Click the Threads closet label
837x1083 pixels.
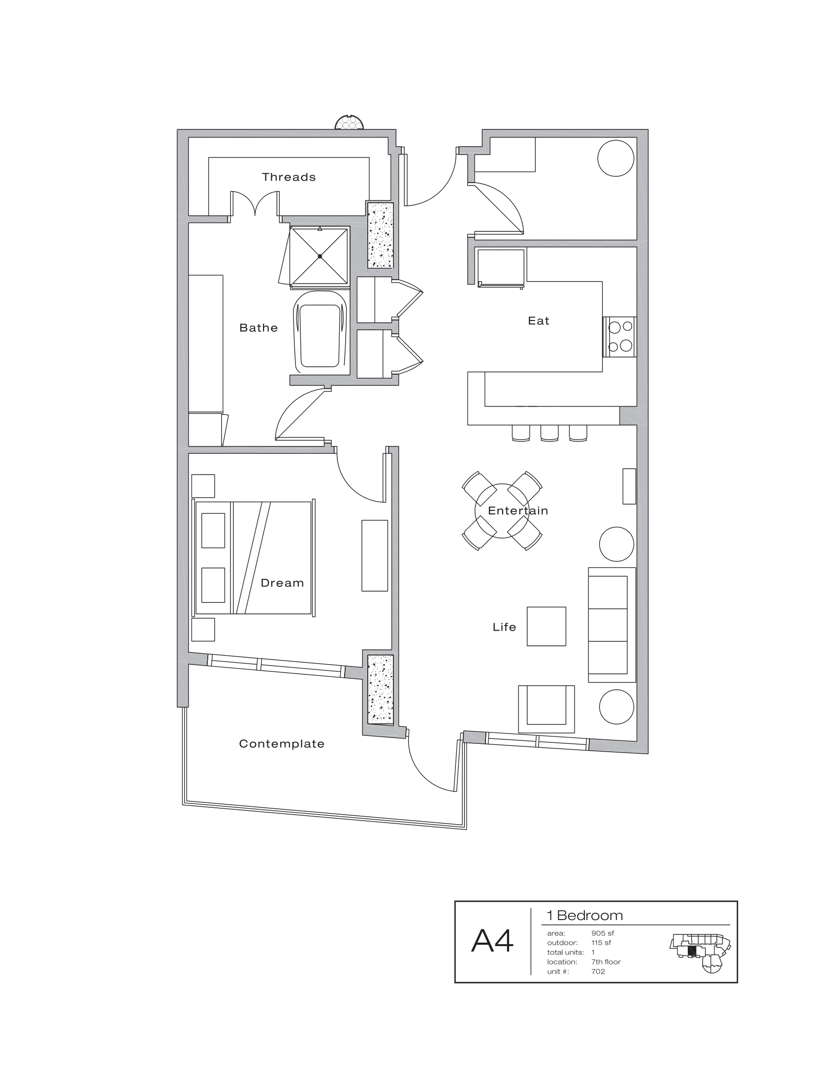(289, 177)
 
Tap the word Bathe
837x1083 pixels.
(258, 328)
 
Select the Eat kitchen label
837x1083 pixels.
(539, 321)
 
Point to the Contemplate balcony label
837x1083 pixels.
(282, 744)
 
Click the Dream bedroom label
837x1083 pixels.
(282, 583)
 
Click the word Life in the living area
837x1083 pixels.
(504, 627)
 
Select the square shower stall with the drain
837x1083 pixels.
(320, 256)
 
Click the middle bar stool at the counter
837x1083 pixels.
(549, 433)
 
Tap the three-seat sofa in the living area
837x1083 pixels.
(612, 625)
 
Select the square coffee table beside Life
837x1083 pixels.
(546, 626)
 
